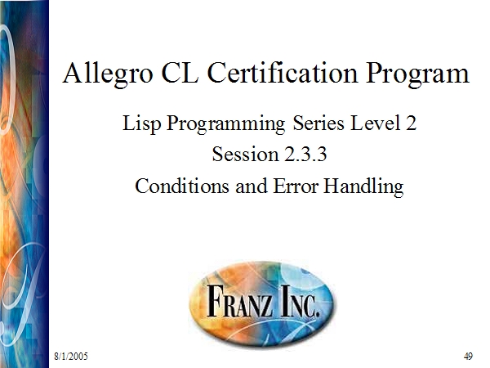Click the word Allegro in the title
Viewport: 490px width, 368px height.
(108, 74)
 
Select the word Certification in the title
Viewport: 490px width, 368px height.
(283, 73)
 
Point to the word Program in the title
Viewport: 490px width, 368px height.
(417, 74)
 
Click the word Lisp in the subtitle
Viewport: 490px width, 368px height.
(141, 123)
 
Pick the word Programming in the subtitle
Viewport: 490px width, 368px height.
(225, 124)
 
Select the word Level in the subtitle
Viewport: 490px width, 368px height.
(376, 123)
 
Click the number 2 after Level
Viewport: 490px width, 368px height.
(412, 123)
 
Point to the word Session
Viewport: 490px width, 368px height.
(245, 155)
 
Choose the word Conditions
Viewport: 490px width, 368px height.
(182, 186)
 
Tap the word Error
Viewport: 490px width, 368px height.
(296, 186)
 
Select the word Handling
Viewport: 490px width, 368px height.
(363, 186)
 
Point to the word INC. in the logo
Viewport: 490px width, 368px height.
(300, 300)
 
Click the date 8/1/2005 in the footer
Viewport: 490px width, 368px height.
(71, 356)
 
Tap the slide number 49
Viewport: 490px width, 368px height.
(468, 356)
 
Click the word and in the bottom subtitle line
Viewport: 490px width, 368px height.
(252, 186)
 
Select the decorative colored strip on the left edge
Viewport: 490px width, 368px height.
(24, 184)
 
